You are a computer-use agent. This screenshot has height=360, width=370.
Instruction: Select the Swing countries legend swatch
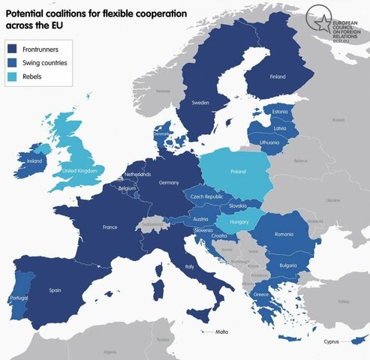[14, 63]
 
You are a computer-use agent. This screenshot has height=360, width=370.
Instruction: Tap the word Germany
[168, 183]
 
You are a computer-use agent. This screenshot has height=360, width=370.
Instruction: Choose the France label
[110, 226]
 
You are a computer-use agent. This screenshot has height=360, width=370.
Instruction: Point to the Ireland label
[33, 160]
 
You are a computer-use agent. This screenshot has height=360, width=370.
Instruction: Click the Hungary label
[238, 223]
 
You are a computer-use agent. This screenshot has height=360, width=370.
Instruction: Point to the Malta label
[221, 331]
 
